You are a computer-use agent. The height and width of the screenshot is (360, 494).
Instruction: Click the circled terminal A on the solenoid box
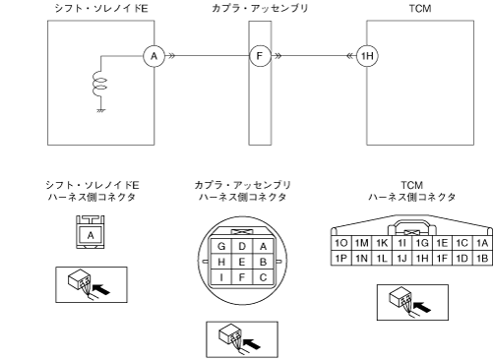[x=154, y=56]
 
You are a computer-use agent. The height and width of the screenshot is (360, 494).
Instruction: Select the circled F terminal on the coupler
[x=260, y=56]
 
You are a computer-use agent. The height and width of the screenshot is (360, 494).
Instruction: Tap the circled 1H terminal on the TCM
[x=367, y=56]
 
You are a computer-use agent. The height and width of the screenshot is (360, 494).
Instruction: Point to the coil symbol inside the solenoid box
[x=99, y=86]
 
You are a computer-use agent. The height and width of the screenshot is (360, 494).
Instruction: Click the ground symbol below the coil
[x=101, y=110]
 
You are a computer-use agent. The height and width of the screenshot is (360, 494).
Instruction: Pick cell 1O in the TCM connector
[x=341, y=243]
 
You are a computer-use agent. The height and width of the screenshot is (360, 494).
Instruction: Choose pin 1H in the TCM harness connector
[x=422, y=259]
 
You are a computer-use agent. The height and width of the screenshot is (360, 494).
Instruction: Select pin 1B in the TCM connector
[x=482, y=259]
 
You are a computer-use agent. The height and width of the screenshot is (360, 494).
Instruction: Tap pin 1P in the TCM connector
[x=341, y=259]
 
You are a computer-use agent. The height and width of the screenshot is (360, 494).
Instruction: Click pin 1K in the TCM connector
[x=382, y=243]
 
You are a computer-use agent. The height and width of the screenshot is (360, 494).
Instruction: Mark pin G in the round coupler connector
[x=221, y=247]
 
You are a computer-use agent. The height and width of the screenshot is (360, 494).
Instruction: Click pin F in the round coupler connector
[x=242, y=277]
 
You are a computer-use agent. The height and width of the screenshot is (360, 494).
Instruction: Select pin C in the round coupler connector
[x=263, y=277]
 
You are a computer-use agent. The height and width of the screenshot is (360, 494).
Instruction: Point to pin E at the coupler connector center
[x=242, y=262]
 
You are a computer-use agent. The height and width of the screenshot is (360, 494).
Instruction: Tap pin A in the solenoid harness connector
[x=91, y=235]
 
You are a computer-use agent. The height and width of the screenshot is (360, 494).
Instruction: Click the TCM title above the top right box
[x=420, y=8]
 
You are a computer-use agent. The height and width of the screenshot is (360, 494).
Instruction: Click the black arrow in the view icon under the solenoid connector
[x=101, y=289]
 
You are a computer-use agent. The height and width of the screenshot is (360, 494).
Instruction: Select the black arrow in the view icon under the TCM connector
[x=422, y=307]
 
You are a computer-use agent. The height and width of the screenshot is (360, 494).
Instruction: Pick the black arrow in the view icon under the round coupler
[x=252, y=344]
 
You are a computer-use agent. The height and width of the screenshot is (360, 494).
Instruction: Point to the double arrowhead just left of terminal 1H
[x=350, y=56]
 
